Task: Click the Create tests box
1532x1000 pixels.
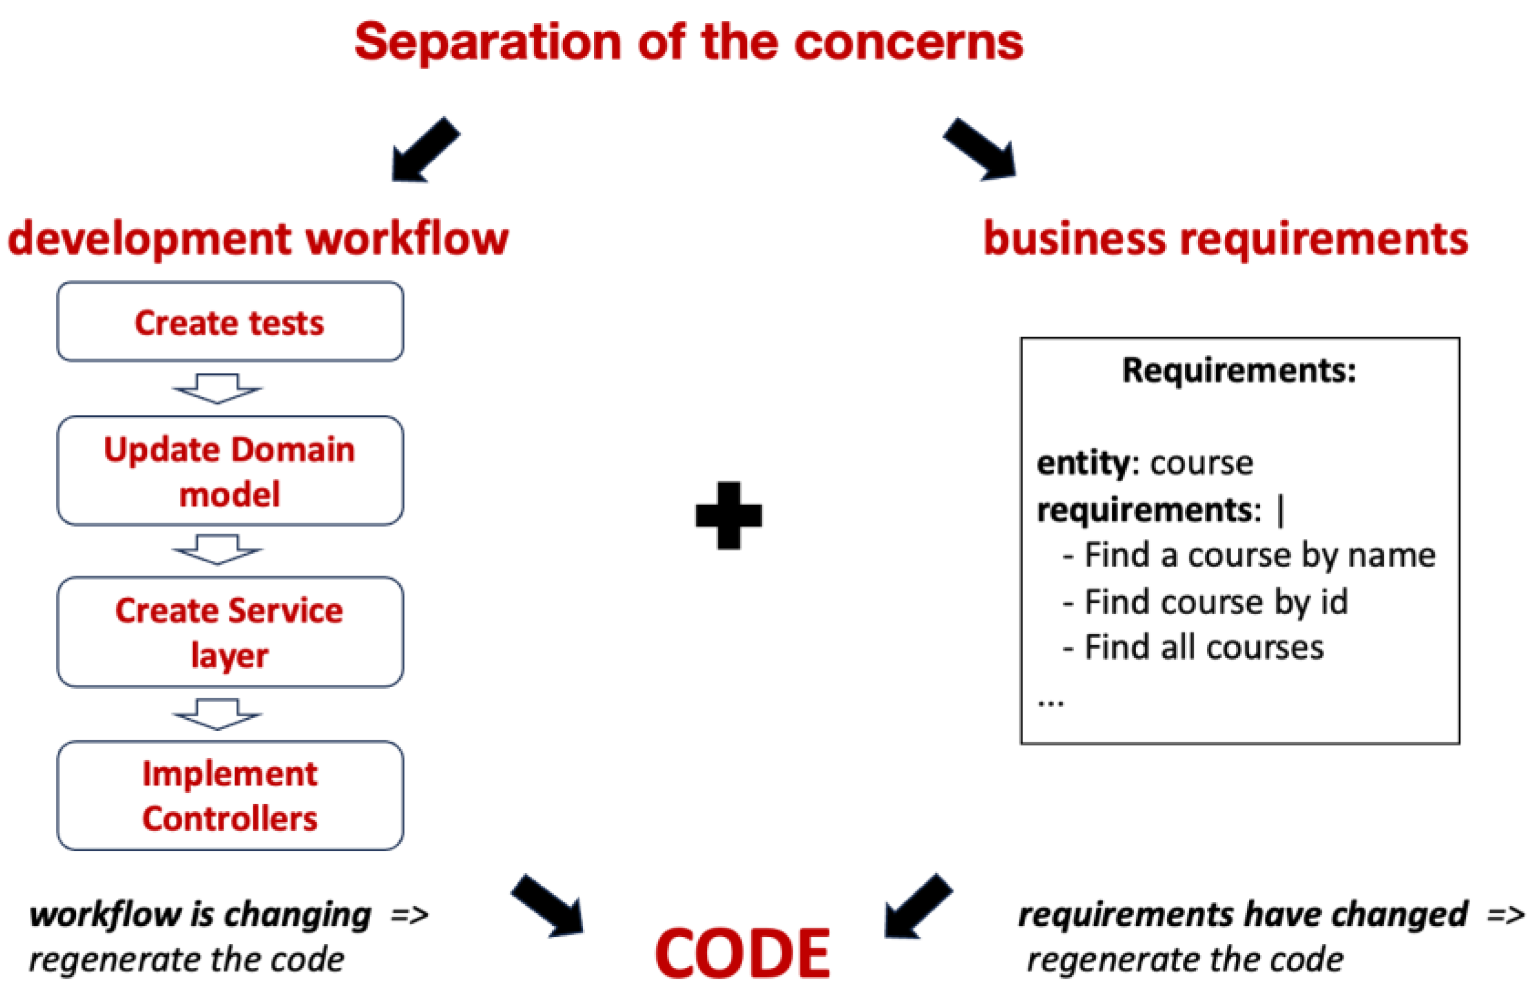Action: (x=230, y=321)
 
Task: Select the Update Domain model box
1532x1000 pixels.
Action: (x=230, y=471)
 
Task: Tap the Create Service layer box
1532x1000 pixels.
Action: (x=230, y=632)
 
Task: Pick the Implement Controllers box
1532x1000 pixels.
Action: (x=230, y=795)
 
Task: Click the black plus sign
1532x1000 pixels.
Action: (x=728, y=515)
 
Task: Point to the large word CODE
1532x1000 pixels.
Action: (x=742, y=953)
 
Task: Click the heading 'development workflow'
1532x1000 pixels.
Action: (x=258, y=239)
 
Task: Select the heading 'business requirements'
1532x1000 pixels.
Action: (x=1226, y=239)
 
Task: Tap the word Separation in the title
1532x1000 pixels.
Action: (x=487, y=43)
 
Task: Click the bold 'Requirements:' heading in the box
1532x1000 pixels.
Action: (x=1239, y=370)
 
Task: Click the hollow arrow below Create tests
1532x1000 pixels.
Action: (x=217, y=388)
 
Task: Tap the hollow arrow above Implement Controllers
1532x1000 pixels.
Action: (x=217, y=714)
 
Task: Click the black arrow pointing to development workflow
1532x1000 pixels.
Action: (x=425, y=150)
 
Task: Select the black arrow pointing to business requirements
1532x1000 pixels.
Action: (x=980, y=149)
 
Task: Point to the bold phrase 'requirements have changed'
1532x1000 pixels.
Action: (x=1242, y=914)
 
